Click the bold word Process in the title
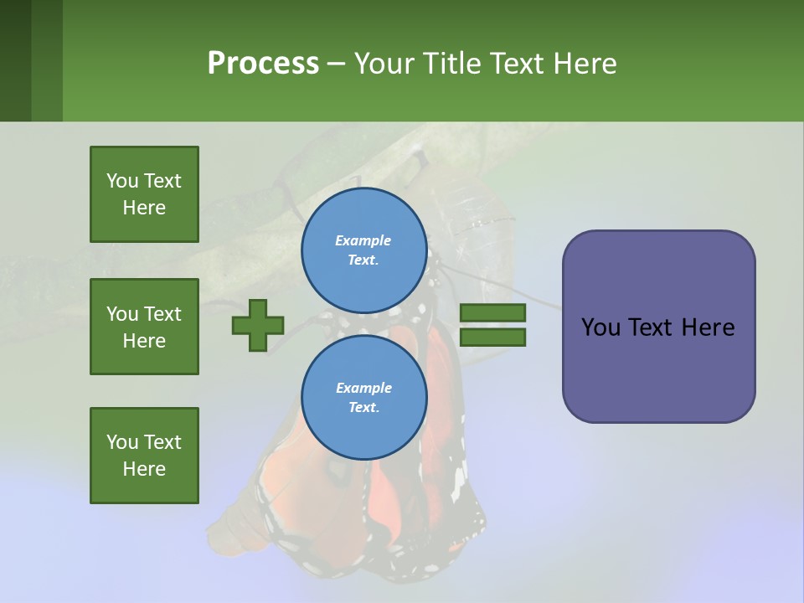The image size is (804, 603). pyautogui.click(x=263, y=63)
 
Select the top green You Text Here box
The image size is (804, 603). pyautogui.click(x=144, y=194)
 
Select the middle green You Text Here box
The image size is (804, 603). pyautogui.click(x=144, y=327)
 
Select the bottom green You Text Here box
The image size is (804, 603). pyautogui.click(x=144, y=456)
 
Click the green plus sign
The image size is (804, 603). pyautogui.click(x=258, y=325)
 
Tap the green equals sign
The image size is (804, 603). pyautogui.click(x=493, y=325)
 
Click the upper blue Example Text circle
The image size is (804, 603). pyautogui.click(x=363, y=250)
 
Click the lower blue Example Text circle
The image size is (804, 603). pyautogui.click(x=363, y=398)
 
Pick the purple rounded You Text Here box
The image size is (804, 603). pyautogui.click(x=658, y=327)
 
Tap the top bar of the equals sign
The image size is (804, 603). pyautogui.click(x=493, y=313)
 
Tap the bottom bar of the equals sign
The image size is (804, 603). pyautogui.click(x=493, y=337)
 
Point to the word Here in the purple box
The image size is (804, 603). pyautogui.click(x=708, y=327)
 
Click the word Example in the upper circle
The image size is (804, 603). pyautogui.click(x=363, y=241)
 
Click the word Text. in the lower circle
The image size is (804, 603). pyautogui.click(x=363, y=408)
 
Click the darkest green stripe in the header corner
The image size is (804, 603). pyautogui.click(x=15, y=60)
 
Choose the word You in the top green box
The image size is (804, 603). pyautogui.click(x=122, y=181)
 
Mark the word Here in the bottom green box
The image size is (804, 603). pyautogui.click(x=144, y=469)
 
